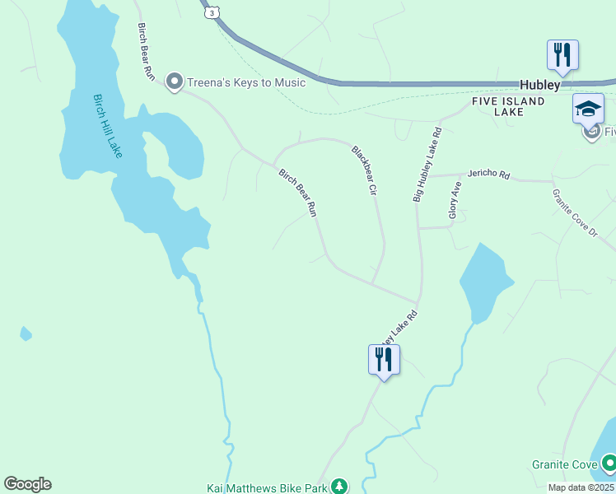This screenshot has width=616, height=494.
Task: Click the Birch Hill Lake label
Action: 106,124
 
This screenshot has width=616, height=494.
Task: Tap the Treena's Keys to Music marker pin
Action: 174,82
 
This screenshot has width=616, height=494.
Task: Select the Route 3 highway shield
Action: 213,12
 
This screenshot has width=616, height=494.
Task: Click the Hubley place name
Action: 539,85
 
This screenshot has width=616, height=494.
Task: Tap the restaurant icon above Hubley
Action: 562,55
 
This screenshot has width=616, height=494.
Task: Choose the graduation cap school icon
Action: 588,109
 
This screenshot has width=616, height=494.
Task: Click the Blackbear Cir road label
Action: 364,170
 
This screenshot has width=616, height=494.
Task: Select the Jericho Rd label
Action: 488,175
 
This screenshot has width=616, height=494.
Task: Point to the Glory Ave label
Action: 454,201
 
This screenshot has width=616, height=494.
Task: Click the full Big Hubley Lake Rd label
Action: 427,165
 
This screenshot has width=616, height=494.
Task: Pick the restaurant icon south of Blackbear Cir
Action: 384,360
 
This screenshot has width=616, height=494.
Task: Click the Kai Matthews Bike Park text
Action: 266,487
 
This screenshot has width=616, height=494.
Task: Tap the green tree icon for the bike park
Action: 338,487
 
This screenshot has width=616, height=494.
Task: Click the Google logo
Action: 27,484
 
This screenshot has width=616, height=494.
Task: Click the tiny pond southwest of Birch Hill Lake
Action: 26,333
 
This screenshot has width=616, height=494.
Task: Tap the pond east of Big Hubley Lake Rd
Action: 483,280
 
